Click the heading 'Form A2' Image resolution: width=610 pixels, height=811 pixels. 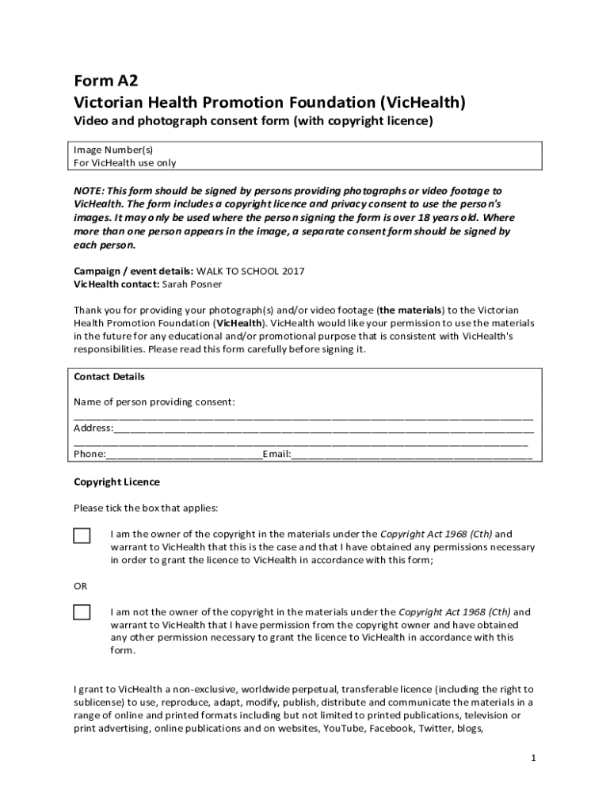[x=100, y=81]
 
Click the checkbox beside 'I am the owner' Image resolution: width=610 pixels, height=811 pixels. [x=82, y=535]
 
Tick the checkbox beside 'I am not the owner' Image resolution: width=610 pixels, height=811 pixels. [x=82, y=612]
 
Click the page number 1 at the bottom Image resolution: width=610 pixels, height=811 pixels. [x=534, y=758]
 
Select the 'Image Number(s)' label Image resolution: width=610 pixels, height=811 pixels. [x=113, y=150]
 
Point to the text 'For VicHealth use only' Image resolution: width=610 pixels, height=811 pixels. [x=125, y=163]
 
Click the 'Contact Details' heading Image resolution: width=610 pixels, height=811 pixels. [x=109, y=377]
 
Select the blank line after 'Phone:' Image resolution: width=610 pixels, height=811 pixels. [x=184, y=455]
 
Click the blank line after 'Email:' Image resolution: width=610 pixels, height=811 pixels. [x=412, y=455]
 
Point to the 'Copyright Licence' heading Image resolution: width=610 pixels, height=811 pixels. [x=116, y=482]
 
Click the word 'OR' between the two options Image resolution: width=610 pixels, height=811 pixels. [x=81, y=586]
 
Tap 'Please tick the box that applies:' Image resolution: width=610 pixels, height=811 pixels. [x=146, y=508]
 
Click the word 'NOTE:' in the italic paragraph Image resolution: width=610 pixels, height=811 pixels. [x=89, y=192]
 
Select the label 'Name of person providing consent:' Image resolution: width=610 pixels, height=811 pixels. [x=154, y=402]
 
